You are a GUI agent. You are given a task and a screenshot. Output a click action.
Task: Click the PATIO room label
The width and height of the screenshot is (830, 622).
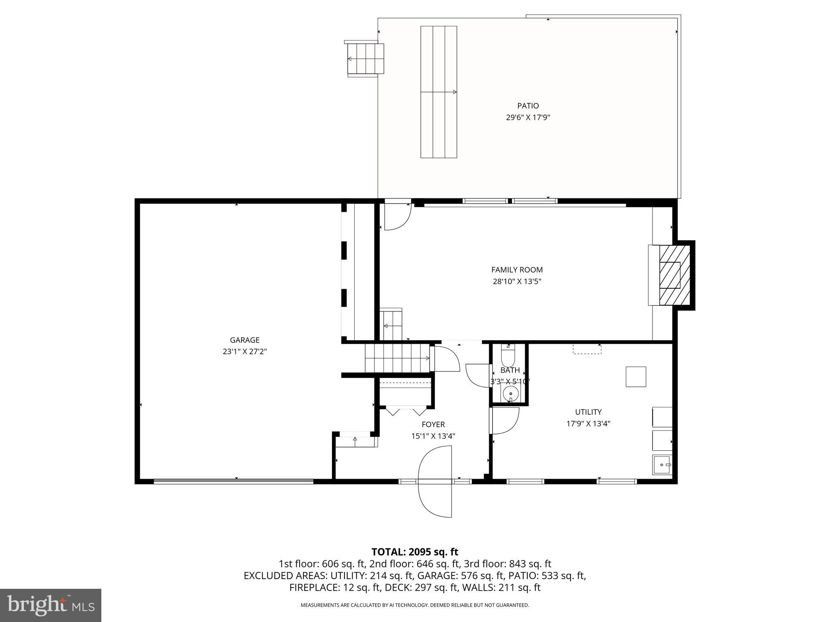coord(528,106)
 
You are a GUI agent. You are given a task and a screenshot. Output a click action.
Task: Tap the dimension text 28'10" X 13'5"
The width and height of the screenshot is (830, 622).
coord(517,281)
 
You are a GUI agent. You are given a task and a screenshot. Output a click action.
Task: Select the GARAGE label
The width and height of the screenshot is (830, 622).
coord(244,340)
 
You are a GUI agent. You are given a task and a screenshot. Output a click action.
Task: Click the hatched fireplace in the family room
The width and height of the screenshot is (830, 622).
coord(674,275)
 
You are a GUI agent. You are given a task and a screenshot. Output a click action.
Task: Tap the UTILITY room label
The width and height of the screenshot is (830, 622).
coord(588,412)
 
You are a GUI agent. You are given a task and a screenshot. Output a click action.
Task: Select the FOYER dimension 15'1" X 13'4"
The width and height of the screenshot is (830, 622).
coord(433,436)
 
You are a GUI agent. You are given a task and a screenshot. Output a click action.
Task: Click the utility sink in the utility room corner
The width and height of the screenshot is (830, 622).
coord(662,464)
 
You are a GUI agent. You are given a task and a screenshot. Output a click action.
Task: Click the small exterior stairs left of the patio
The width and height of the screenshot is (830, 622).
coord(366,59)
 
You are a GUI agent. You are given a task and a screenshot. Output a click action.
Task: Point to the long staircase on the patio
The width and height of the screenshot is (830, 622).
coord(439,92)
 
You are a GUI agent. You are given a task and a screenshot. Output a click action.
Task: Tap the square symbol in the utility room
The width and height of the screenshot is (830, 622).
coord(635,377)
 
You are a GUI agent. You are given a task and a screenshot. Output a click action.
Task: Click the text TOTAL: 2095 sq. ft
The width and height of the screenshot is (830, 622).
coord(415,552)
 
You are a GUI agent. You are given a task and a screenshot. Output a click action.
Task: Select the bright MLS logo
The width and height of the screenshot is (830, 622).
coord(51,605)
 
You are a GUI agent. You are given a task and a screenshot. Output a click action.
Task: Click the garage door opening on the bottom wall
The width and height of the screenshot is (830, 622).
coord(233,481)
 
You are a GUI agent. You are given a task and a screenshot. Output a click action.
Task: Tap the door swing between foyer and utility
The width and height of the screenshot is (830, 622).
coord(505,421)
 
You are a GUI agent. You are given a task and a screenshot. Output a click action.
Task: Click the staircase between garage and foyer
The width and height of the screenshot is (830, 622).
coord(397,358)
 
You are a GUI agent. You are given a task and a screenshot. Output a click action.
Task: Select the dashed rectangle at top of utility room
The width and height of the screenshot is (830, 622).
coord(587,349)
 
